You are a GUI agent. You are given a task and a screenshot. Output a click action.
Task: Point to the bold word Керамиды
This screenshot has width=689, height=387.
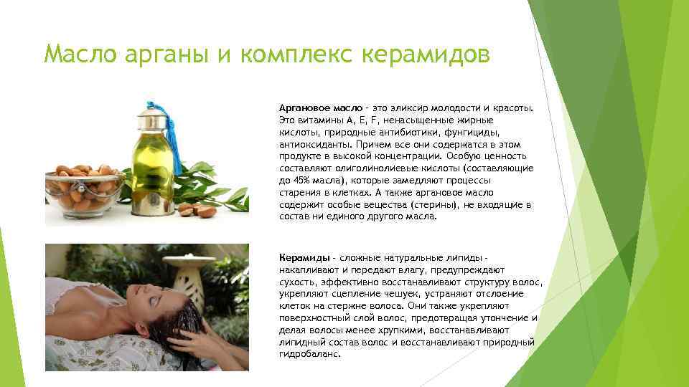click(304, 257)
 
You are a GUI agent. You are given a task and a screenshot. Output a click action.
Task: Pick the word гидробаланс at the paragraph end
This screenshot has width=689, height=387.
click(311, 354)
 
